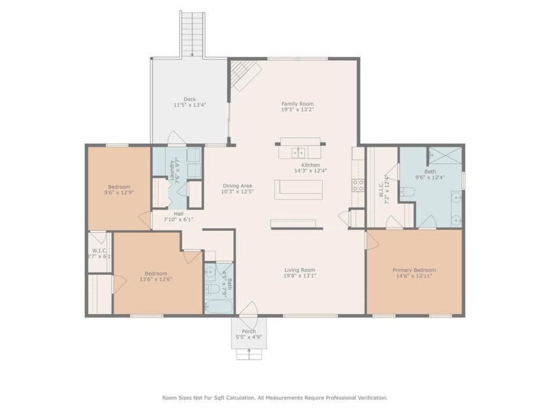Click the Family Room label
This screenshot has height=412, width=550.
[297, 103]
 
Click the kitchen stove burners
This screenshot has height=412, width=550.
[358, 185]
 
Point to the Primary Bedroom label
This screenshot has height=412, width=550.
[414, 269]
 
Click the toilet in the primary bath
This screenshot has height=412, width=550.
[407, 192]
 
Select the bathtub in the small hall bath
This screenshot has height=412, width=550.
[215, 305]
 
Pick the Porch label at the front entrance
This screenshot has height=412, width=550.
[249, 332]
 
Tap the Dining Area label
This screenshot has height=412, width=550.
[237, 186]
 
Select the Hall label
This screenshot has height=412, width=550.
[178, 213]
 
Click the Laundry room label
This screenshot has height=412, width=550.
[172, 170]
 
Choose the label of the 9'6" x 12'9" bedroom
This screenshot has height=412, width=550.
[119, 186]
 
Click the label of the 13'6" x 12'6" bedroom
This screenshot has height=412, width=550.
[156, 273]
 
